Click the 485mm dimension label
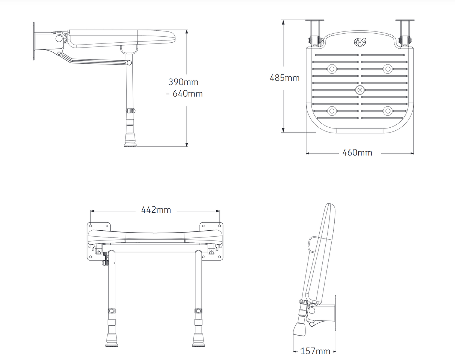pos(284,78)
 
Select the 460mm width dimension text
pos(357,153)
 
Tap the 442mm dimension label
pos(156,210)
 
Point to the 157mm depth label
pos(315,351)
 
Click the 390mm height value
pos(183,82)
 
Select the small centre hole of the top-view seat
pos(360,90)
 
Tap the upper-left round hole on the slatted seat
pos(331,69)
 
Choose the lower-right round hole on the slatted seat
pos(388,110)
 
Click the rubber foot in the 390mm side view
pos(130,143)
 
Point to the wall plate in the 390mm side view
pos(34,41)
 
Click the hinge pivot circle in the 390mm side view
pos(59,38)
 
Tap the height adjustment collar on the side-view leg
pos(130,111)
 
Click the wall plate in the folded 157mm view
pos(335,313)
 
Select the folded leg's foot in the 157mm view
pos(301,329)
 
